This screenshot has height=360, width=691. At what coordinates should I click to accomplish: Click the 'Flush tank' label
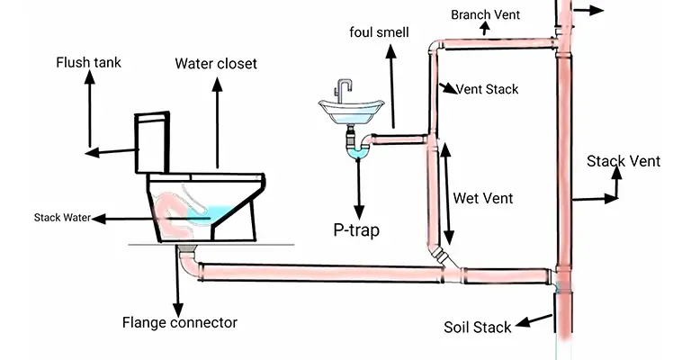(88, 63)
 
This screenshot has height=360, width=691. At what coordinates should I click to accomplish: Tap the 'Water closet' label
(215, 63)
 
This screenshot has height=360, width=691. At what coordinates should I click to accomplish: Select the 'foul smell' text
(379, 32)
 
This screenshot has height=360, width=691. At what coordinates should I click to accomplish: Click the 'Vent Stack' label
(487, 89)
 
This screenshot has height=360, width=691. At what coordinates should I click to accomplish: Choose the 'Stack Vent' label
(624, 161)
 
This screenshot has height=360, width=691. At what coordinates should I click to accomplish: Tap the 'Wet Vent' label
(483, 198)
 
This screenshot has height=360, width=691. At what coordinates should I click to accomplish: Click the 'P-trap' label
(356, 229)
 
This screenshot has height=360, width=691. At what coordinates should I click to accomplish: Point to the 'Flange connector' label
(179, 321)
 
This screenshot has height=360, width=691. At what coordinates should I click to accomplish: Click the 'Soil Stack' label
(478, 327)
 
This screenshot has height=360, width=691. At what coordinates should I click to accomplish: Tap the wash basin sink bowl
(353, 112)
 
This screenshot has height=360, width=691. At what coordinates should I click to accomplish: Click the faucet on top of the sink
(344, 88)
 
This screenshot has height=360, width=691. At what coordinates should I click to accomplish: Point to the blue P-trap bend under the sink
(358, 152)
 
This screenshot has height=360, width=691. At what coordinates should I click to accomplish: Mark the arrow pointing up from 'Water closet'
(216, 83)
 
